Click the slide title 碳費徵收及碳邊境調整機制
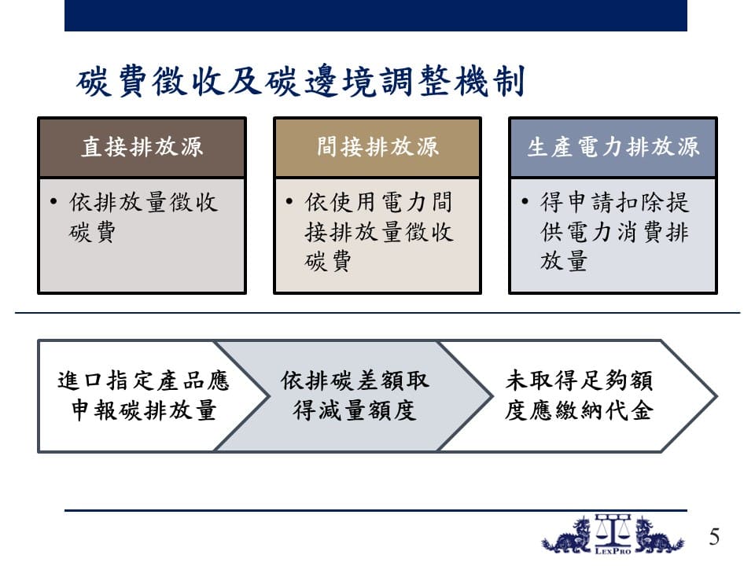(x=300, y=81)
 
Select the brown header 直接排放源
(x=142, y=147)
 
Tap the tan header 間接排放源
(x=377, y=147)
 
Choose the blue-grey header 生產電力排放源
(x=613, y=147)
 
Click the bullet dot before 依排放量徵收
(x=53, y=201)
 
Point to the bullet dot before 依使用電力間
(x=289, y=201)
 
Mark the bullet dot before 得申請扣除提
(x=525, y=201)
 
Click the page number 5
(x=714, y=537)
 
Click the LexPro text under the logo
(x=613, y=551)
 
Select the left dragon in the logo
(x=567, y=535)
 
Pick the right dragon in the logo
(x=658, y=535)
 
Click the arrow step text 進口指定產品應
(x=143, y=380)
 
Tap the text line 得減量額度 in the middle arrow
(x=355, y=410)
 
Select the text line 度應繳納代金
(x=580, y=410)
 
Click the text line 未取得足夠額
(x=580, y=380)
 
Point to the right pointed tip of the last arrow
(x=717, y=396)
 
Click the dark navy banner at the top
(x=376, y=16)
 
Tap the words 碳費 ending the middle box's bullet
(x=328, y=262)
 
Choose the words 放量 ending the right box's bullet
(x=563, y=261)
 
